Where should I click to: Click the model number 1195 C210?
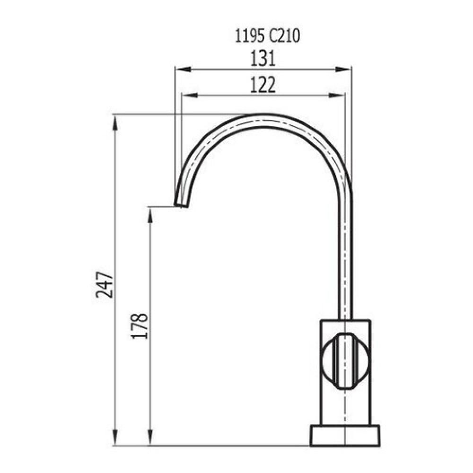coord(267,37)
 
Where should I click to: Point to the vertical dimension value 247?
coord(104,285)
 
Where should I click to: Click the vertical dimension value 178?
coord(140,325)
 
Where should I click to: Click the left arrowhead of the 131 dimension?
coord(179,70)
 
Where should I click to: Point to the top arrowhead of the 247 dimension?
coord(115,120)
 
